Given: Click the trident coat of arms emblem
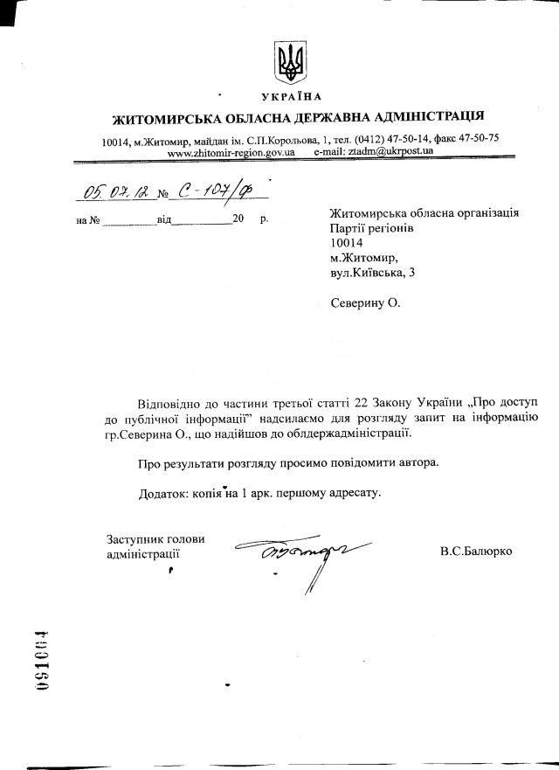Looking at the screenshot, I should (287, 59).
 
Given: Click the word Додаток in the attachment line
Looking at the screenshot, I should (164, 493).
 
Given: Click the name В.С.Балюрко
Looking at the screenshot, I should (477, 551).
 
